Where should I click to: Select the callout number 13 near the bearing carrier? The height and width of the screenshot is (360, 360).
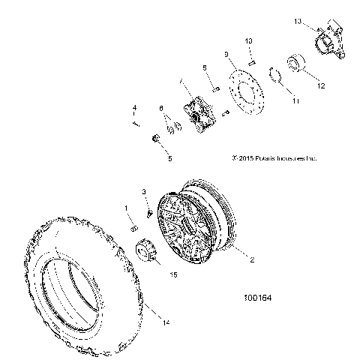click(298, 23)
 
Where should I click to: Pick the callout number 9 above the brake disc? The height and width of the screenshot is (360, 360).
click(226, 54)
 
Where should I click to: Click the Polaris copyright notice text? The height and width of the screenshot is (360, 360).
click(275, 159)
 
